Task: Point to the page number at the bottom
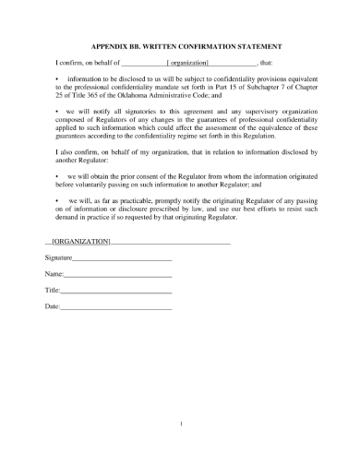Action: [183, 424]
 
